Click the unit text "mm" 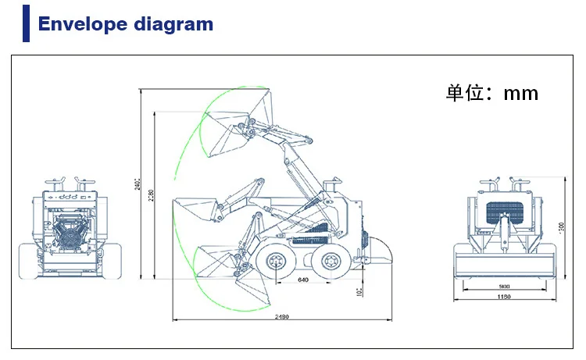520,94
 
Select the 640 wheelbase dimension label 303,279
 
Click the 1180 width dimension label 506,297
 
